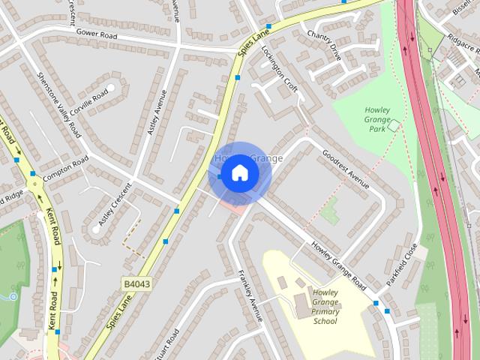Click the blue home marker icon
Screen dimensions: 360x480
coord(239,173)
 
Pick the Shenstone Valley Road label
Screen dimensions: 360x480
coord(59,106)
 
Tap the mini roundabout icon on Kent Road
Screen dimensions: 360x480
coord(34,182)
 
